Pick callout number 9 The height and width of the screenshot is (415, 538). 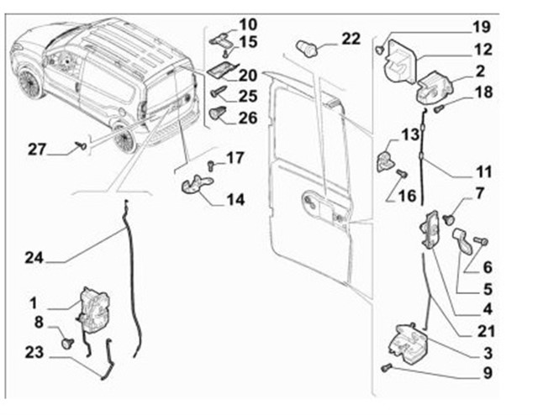point(488,371)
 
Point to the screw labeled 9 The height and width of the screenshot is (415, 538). point(386,368)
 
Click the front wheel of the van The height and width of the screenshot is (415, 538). point(31,82)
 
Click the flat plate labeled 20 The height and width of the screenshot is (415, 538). point(222,71)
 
